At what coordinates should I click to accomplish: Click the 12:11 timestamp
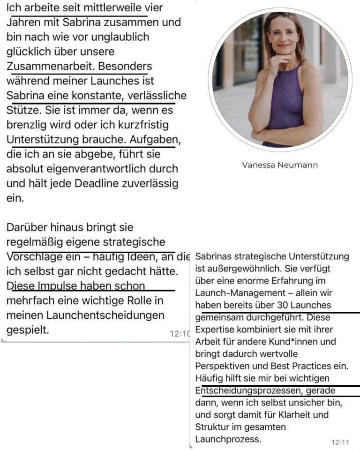341,442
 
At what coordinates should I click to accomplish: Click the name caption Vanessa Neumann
280,165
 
